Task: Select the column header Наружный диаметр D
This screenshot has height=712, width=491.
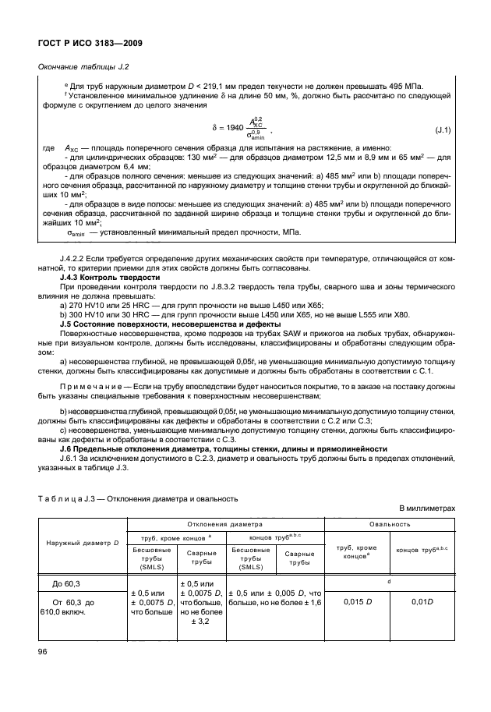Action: coord(82,541)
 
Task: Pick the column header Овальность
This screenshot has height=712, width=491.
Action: coord(389,524)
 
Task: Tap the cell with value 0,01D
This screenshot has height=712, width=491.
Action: coord(421,602)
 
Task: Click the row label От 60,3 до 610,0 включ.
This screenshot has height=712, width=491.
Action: coord(80,607)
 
